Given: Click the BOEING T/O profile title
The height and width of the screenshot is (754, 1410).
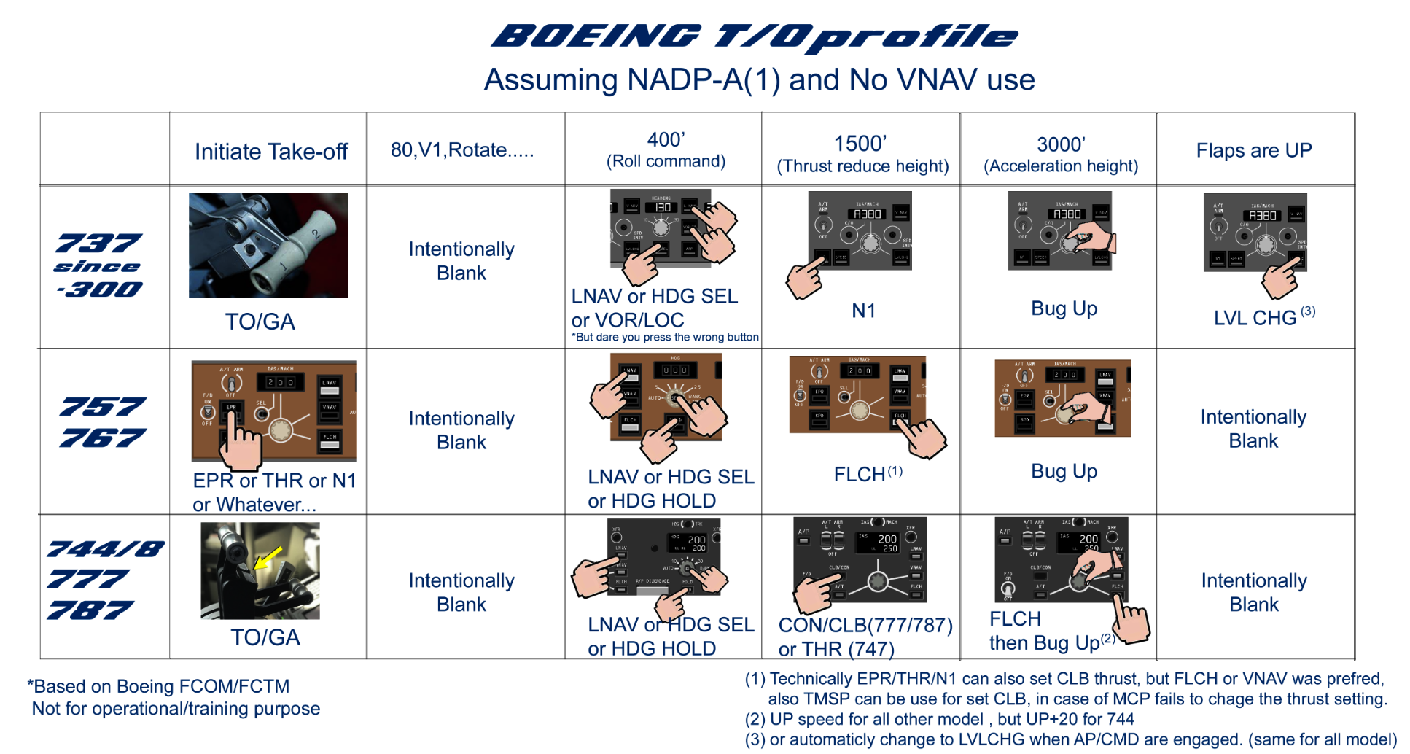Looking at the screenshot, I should [x=755, y=36].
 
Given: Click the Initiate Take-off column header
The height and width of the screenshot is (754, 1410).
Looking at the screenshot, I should [x=270, y=151].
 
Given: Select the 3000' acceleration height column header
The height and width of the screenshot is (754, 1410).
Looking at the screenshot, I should [x=1060, y=154].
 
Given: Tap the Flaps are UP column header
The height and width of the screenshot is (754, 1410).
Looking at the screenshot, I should [x=1253, y=150].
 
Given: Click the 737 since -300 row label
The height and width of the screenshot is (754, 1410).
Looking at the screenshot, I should [x=99, y=265].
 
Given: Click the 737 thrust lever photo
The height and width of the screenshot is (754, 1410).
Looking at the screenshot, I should [x=268, y=244].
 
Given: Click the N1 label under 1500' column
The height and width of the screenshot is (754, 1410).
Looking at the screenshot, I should [x=863, y=311].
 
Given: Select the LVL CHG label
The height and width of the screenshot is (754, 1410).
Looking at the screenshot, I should [x=1255, y=318].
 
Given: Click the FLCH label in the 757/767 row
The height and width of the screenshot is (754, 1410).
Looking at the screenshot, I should [x=860, y=475].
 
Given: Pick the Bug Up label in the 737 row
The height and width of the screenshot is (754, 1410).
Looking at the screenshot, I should [x=1064, y=308].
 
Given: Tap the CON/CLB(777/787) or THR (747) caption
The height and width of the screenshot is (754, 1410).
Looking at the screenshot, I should [x=865, y=637].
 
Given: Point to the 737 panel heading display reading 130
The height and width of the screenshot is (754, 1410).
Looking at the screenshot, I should [x=661, y=208].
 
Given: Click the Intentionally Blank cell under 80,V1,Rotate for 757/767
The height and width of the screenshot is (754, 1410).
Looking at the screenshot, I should [x=461, y=430].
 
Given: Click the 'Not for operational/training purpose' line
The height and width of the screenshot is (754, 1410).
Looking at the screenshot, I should [x=176, y=708].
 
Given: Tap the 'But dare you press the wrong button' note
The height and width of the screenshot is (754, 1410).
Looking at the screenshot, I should [x=665, y=337].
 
